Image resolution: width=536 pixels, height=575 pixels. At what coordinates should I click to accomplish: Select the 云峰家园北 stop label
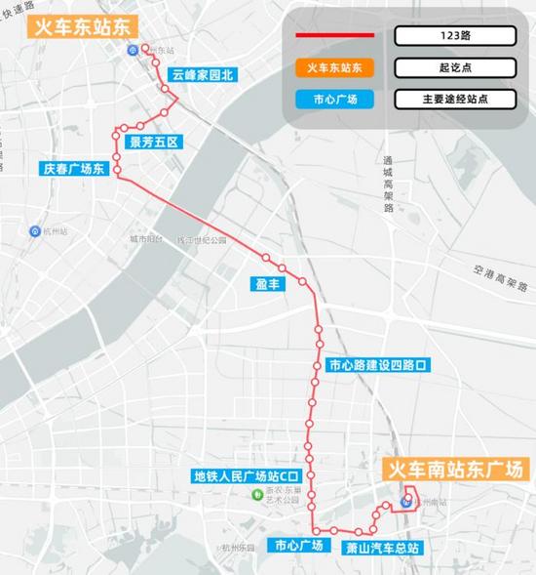[x=204, y=74]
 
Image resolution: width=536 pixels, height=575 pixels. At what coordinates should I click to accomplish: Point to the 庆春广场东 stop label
[x=73, y=168]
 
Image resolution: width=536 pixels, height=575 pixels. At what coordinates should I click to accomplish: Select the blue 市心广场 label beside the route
[x=298, y=545]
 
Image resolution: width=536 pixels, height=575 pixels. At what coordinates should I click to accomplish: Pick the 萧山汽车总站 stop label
[x=382, y=546]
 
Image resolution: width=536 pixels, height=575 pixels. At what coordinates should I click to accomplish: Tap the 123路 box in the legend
[x=453, y=36]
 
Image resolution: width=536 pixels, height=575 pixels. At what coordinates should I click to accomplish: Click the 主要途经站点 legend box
[x=453, y=99]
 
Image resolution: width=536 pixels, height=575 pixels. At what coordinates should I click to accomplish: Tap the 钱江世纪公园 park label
[x=201, y=239]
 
